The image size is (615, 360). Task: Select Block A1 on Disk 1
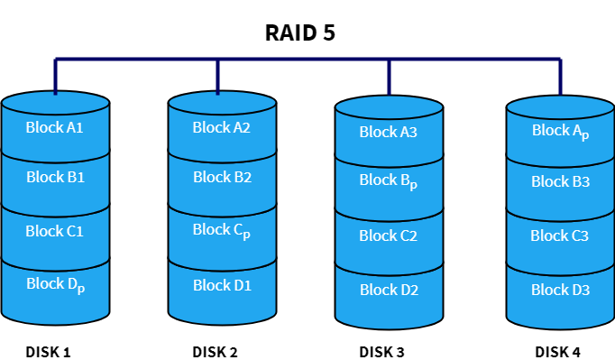coord(55,127)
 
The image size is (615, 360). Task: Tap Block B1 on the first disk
coord(55,177)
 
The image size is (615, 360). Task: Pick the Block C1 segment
coord(55,231)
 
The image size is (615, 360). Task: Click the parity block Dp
coord(55,285)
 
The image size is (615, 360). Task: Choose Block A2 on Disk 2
coord(221,127)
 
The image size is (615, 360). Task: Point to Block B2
coord(221,177)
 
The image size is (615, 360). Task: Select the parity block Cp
coord(221,230)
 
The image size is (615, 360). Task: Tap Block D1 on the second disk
coord(221,285)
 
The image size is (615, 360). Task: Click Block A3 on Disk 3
coord(389,132)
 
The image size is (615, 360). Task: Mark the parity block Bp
coord(389,180)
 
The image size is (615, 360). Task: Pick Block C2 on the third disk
coord(389,235)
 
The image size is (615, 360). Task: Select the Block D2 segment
coord(389,290)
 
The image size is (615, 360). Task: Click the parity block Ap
coord(560,131)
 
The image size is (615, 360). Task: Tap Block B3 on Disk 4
coord(560,181)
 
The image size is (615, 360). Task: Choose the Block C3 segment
coord(560,235)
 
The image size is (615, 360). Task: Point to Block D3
coord(560,290)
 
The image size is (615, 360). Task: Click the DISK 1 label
coord(49,351)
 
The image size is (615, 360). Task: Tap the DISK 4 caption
coord(558,351)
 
